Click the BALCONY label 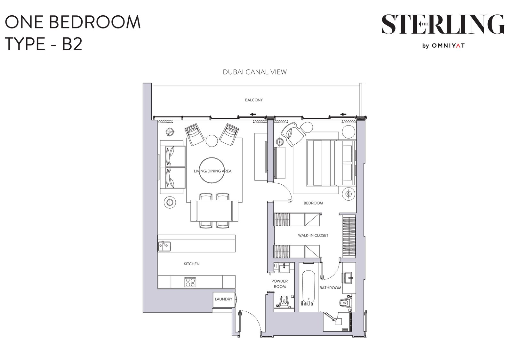click(254, 100)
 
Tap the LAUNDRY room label click(223, 299)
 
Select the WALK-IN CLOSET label click(313, 235)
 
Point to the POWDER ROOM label click(280, 284)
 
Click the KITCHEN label click(192, 264)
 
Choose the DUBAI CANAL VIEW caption click(255, 72)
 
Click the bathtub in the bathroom click(308, 288)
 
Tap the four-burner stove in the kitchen click(190, 282)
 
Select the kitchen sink click(164, 246)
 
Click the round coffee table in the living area click(212, 170)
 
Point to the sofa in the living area click(172, 167)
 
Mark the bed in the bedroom click(331, 163)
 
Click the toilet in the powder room click(284, 302)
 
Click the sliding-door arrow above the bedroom click(343, 114)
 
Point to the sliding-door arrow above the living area click(253, 114)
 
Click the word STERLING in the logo click(443, 25)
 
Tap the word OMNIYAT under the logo click(448, 46)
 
